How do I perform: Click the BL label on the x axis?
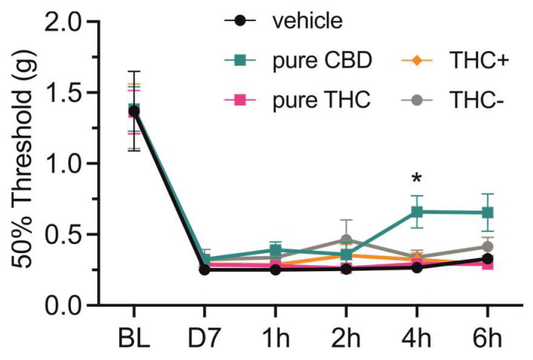click(x=135, y=337)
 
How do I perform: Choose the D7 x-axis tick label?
click(x=205, y=337)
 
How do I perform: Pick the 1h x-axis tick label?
click(x=276, y=337)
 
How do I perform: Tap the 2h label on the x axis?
click(x=346, y=337)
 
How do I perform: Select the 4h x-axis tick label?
click(x=416, y=337)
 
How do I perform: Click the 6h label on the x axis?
click(x=487, y=337)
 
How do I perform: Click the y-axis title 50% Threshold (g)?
click(x=24, y=162)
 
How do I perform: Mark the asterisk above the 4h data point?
click(x=416, y=180)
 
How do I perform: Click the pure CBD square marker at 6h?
click(x=487, y=213)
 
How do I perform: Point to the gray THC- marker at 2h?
click(x=346, y=240)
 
